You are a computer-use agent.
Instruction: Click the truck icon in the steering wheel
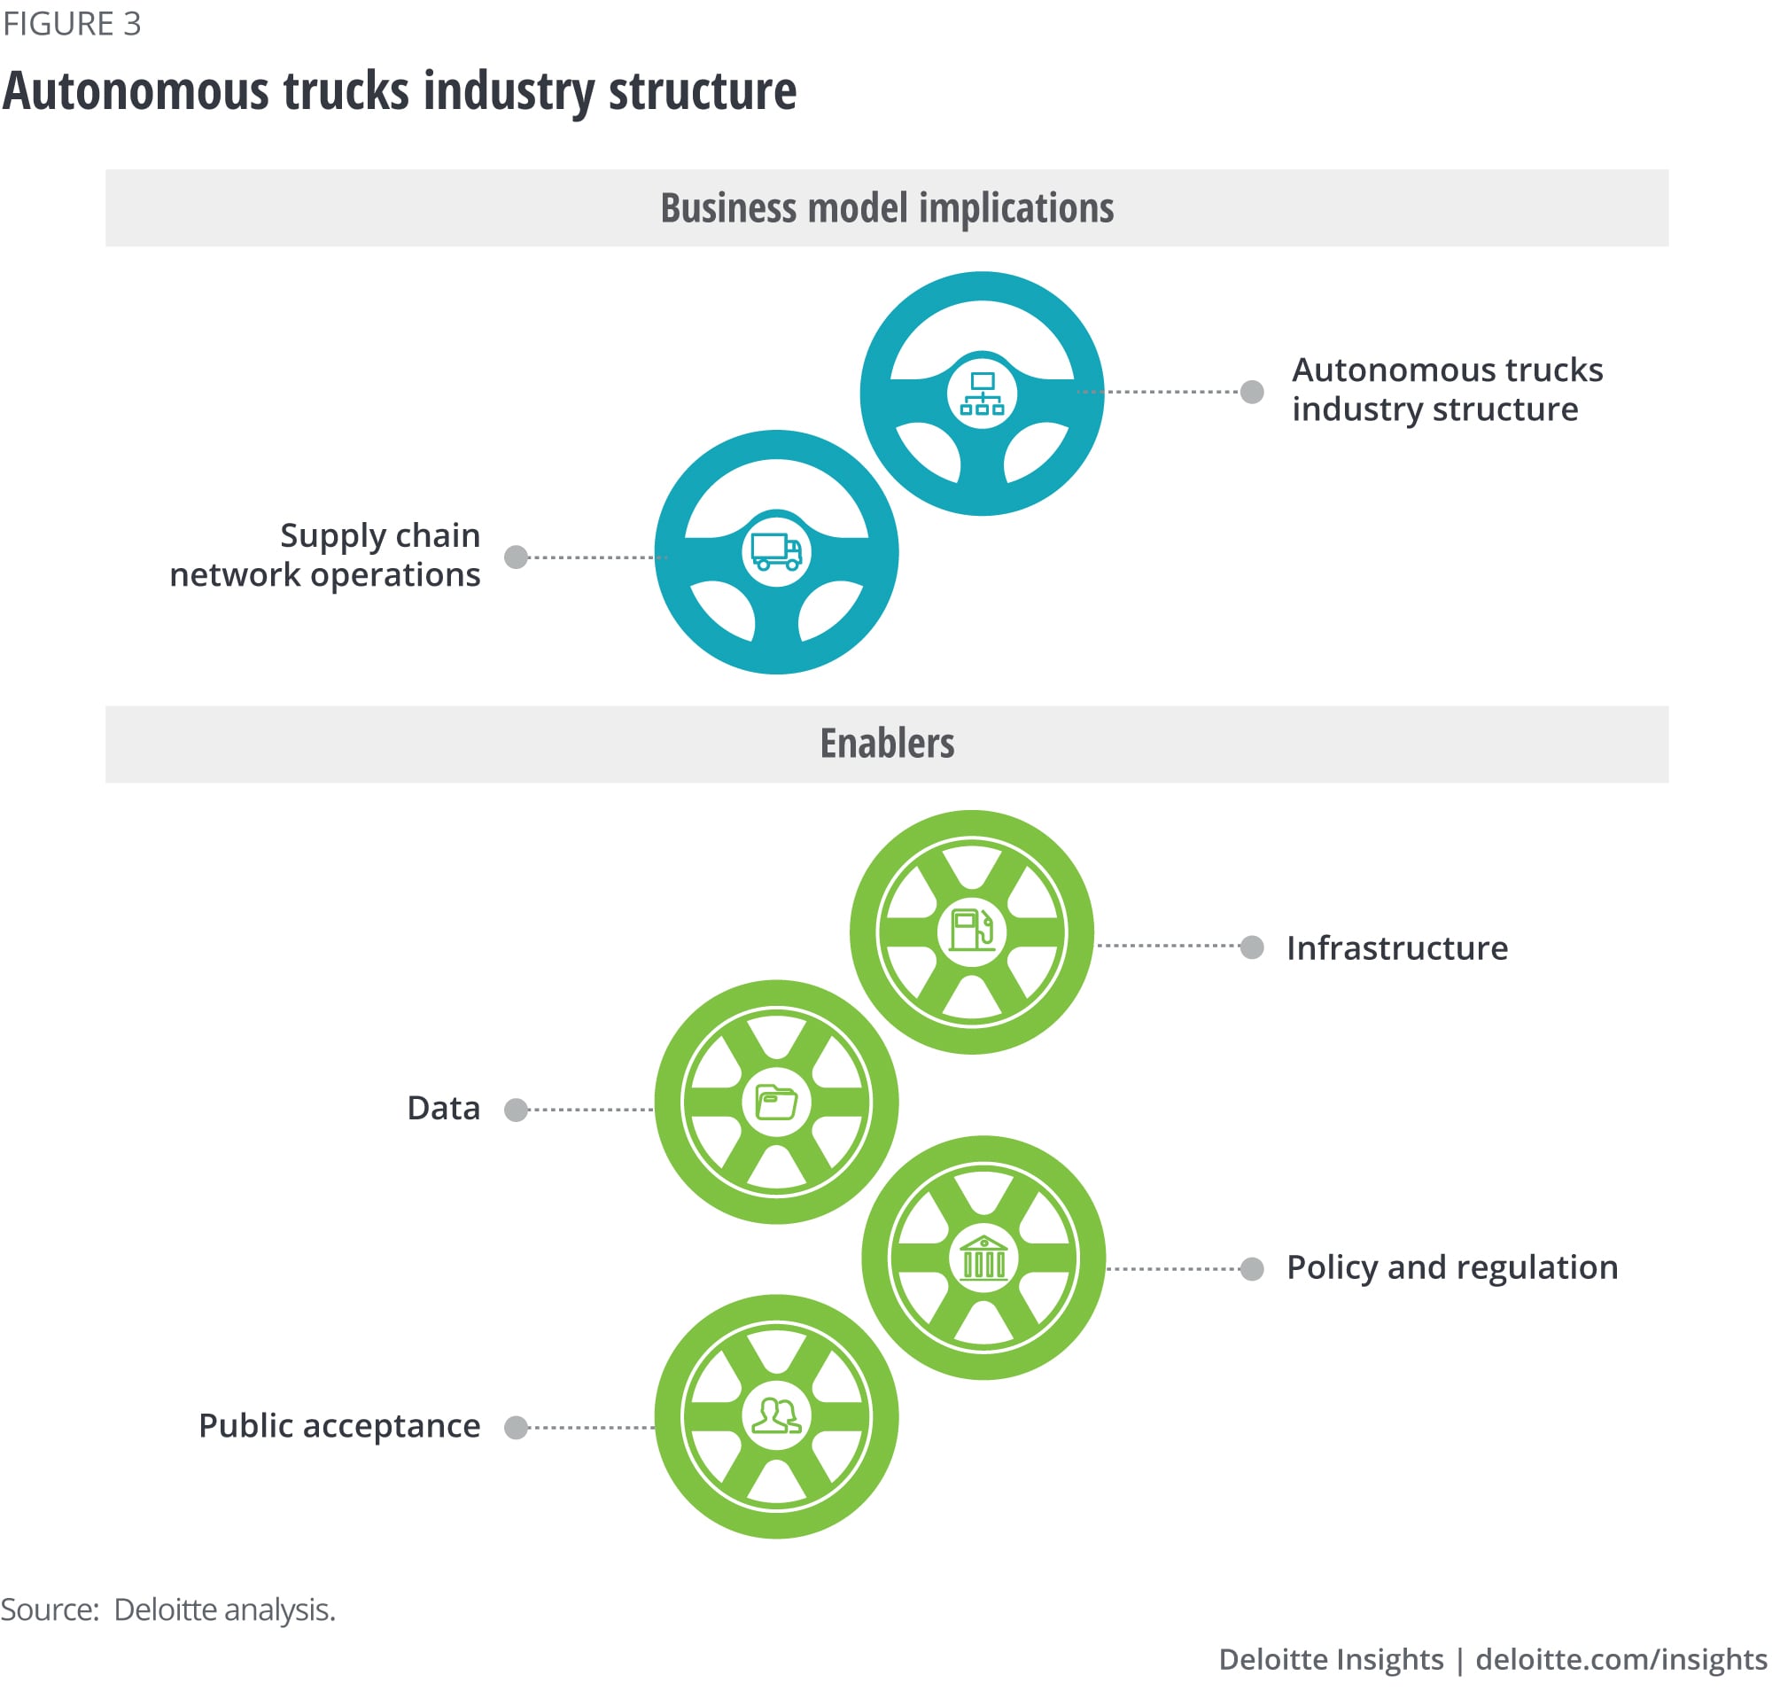click(x=776, y=550)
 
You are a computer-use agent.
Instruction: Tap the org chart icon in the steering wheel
click(x=981, y=394)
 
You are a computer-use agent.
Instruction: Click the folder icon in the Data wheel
click(x=776, y=1102)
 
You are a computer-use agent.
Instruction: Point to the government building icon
click(x=983, y=1257)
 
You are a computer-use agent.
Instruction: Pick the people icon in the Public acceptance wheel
click(x=776, y=1416)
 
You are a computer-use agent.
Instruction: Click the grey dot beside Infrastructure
click(x=1251, y=947)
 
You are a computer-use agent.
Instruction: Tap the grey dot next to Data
click(x=516, y=1110)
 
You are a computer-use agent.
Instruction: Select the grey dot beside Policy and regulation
click(x=1251, y=1268)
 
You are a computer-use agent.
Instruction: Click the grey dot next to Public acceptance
click(x=516, y=1427)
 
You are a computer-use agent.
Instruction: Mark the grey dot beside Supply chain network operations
click(x=516, y=556)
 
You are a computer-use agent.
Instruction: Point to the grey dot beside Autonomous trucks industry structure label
click(x=1251, y=392)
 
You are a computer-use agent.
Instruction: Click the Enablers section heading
click(x=886, y=744)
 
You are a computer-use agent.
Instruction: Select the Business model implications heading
click(x=886, y=208)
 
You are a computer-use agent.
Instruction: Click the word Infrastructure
click(x=1396, y=947)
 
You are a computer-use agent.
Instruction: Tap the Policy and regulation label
click(x=1451, y=1267)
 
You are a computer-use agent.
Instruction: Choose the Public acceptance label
click(x=339, y=1426)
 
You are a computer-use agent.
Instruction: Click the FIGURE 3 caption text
click(x=73, y=24)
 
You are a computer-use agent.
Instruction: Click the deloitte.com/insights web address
click(x=1620, y=1659)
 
